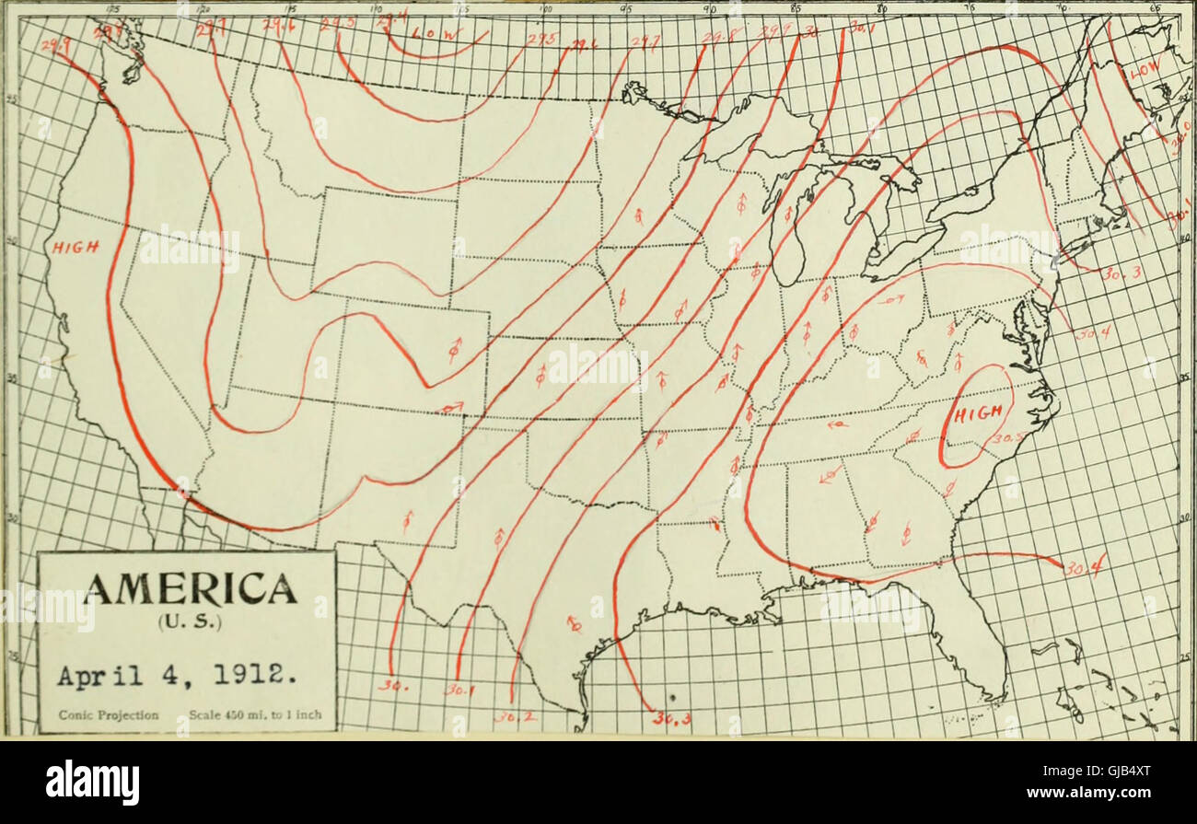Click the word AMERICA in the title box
coord(187,587)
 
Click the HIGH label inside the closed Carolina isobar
coord(976,415)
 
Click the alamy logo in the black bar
coord(92,782)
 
